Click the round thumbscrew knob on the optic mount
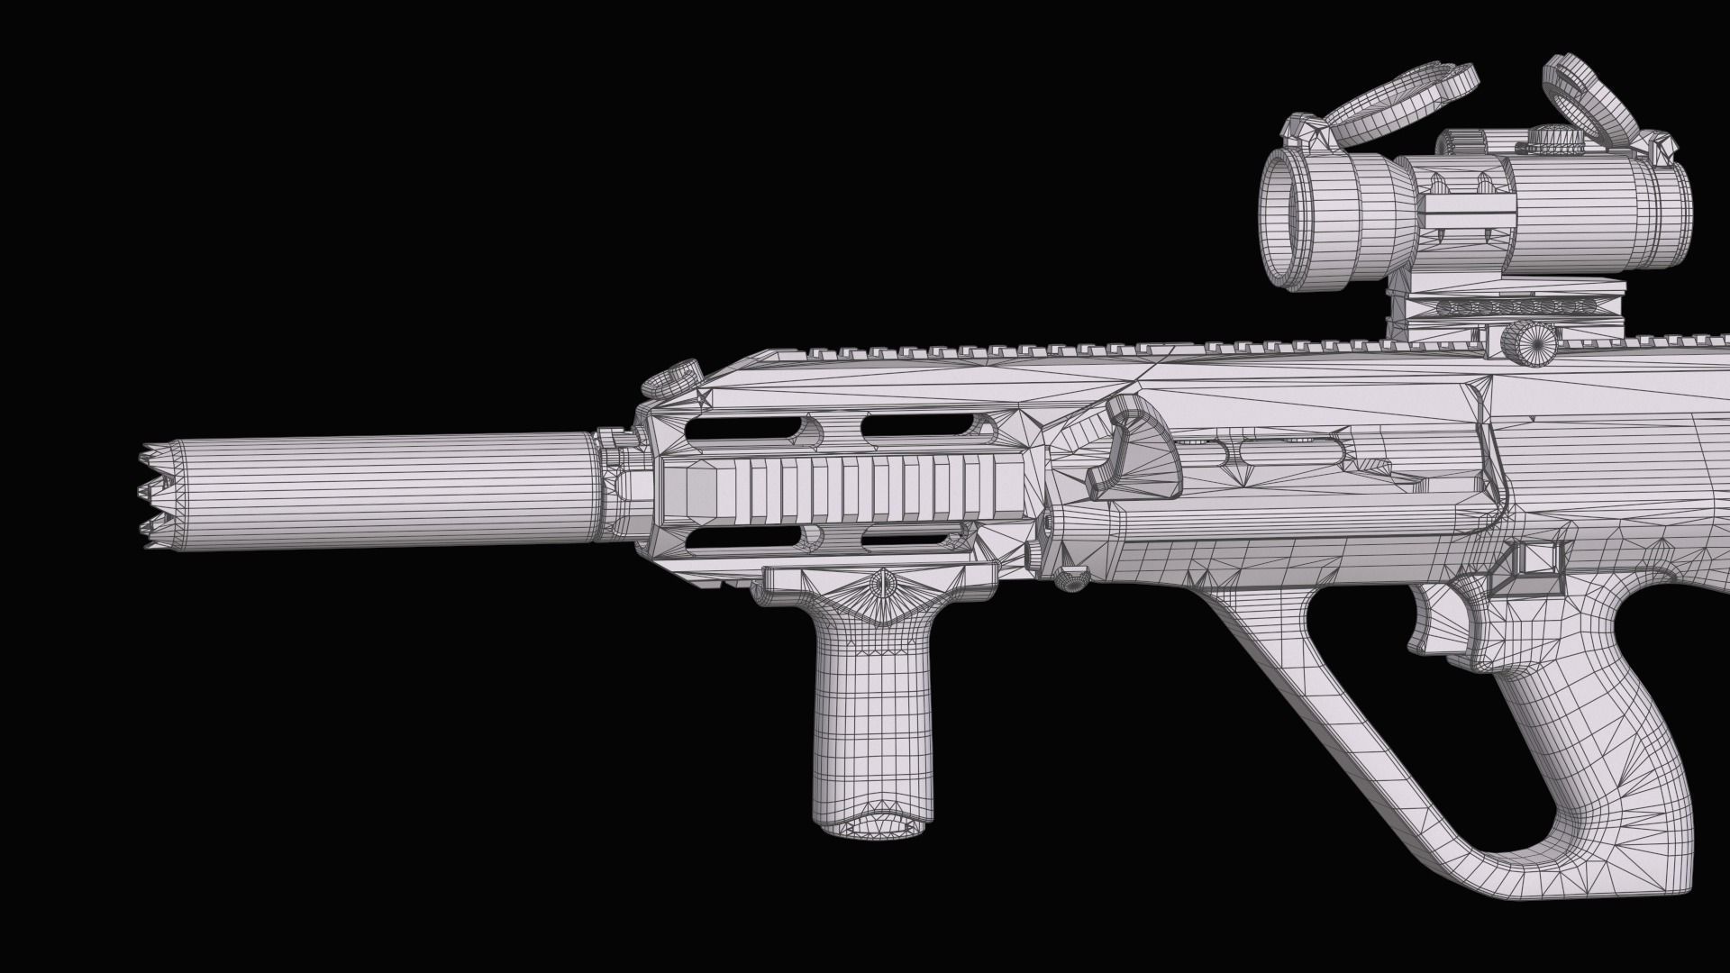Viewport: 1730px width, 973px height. (x=1530, y=343)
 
